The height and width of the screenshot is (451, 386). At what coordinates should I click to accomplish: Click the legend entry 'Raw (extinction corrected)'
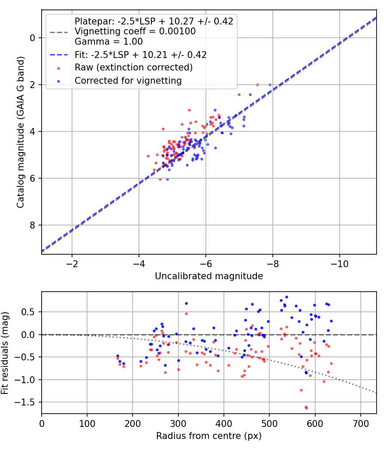(133, 67)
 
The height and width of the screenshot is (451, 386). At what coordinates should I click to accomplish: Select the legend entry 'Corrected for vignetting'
(128, 80)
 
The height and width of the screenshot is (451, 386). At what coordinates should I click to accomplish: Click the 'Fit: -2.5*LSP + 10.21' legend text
(141, 55)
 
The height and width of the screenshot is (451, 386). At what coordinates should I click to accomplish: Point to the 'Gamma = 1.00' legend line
(109, 42)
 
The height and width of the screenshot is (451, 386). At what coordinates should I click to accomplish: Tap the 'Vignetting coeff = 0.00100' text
(135, 31)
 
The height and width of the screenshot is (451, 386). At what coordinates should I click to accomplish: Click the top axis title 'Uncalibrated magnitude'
(209, 276)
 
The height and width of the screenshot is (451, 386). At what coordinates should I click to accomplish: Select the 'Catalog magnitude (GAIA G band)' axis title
(20, 132)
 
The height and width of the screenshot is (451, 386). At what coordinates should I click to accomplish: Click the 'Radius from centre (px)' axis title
(209, 436)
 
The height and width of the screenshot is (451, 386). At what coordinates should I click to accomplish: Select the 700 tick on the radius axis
(361, 423)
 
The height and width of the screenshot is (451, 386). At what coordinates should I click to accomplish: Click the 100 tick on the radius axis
(87, 423)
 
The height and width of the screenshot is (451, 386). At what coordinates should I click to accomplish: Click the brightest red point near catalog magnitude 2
(257, 85)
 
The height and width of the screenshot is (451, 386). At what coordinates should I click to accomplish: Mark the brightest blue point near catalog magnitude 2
(270, 85)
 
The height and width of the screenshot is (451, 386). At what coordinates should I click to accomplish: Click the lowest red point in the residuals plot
(306, 408)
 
